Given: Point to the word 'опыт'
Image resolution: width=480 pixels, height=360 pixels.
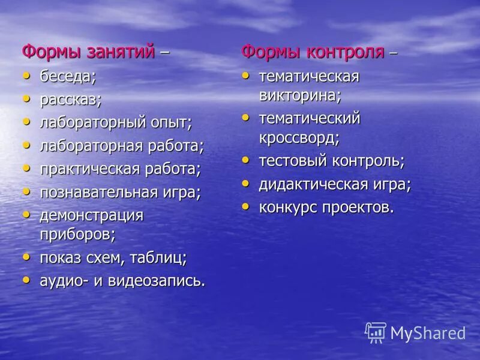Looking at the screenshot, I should [x=170, y=122].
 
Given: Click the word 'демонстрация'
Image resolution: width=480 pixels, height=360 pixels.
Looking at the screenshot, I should [x=92, y=215].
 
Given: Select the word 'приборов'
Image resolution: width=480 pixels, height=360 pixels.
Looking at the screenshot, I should [x=76, y=233].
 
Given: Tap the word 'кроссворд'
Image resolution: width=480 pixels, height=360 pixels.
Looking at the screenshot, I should [x=298, y=137].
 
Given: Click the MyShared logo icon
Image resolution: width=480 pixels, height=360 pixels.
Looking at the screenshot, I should [x=376, y=332].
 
